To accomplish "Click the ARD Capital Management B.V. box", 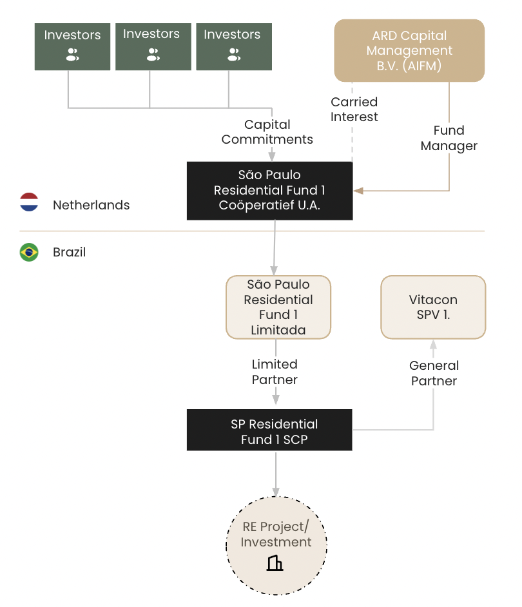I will [409, 50].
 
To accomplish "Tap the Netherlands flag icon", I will [29, 202].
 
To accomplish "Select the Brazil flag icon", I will [29, 252].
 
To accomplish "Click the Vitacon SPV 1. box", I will [433, 307].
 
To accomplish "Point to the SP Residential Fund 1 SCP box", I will [269, 430].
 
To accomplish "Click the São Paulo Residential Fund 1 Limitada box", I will [278, 307].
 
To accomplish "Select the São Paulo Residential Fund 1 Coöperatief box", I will [269, 191].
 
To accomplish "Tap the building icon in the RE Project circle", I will [275, 563].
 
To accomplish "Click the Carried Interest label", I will [354, 110].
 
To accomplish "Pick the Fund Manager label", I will [449, 138].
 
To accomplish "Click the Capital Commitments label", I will [267, 131].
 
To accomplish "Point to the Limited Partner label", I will [275, 372].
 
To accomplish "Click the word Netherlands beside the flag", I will [91, 205].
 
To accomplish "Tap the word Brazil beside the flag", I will [69, 253].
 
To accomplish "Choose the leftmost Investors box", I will [72, 46].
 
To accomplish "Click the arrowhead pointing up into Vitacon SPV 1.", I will [433, 344].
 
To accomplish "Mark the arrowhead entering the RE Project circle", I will [276, 492].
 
